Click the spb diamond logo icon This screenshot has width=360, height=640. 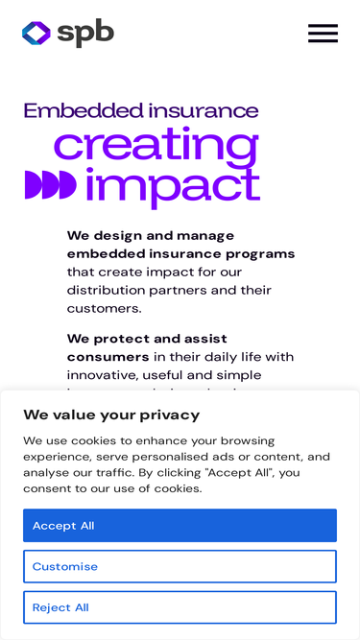[36, 33]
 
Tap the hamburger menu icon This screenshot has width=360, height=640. [323, 33]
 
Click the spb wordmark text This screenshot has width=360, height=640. [85, 33]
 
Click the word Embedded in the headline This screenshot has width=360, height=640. [84, 110]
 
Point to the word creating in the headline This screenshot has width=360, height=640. [156, 147]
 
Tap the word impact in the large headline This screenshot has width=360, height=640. [173, 187]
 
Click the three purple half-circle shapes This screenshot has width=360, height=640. [51, 185]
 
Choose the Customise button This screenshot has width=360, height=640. [180, 566]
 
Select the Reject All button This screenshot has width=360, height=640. [180, 607]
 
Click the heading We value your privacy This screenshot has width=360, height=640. [111, 415]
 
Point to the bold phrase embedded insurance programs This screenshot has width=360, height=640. [180, 254]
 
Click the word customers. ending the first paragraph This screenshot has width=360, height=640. [104, 309]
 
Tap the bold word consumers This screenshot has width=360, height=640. [108, 357]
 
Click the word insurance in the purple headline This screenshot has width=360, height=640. [204, 110]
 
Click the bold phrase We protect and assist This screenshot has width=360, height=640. [147, 339]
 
